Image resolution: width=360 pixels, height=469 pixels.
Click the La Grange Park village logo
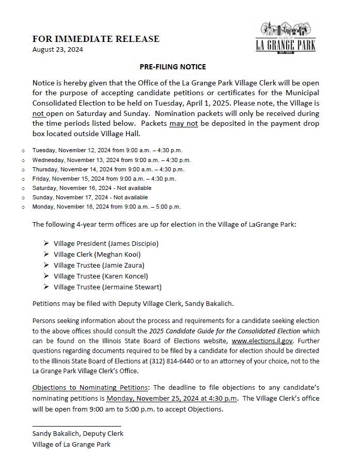[x=286, y=37]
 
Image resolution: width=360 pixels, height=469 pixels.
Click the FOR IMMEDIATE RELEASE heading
[x=96, y=39]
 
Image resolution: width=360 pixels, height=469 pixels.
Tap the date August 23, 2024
[x=57, y=50]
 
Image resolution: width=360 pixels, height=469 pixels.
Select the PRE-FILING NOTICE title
[x=173, y=67]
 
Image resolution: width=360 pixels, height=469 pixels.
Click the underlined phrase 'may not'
[x=183, y=123]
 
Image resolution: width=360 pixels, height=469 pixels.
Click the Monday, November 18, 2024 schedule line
[x=106, y=207]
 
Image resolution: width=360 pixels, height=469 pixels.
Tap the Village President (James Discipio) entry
[x=106, y=243]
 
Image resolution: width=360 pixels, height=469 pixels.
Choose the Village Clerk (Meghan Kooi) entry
[x=97, y=254]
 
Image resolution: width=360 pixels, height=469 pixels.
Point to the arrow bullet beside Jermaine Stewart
[x=47, y=287]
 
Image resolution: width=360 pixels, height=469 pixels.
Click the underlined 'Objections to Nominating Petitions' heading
[x=90, y=388]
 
